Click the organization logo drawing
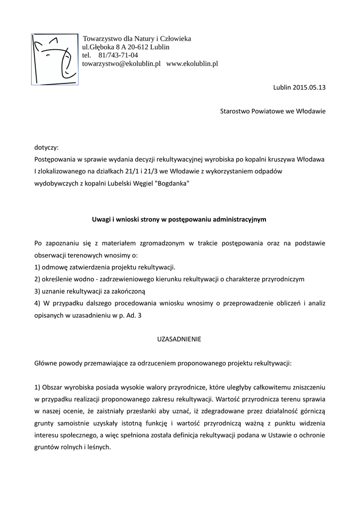pyautogui.click(x=55, y=59)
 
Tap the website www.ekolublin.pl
pyautogui.click(x=192, y=64)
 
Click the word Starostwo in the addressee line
pyautogui.click(x=236, y=111)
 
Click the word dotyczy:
pyautogui.click(x=46, y=148)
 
